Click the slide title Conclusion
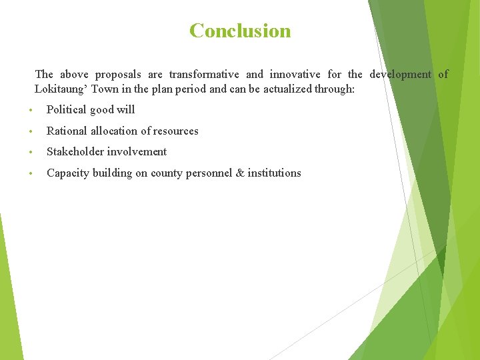[240, 31]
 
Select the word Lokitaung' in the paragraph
[61, 89]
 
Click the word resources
[175, 131]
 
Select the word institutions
[274, 173]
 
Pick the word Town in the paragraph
[104, 89]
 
